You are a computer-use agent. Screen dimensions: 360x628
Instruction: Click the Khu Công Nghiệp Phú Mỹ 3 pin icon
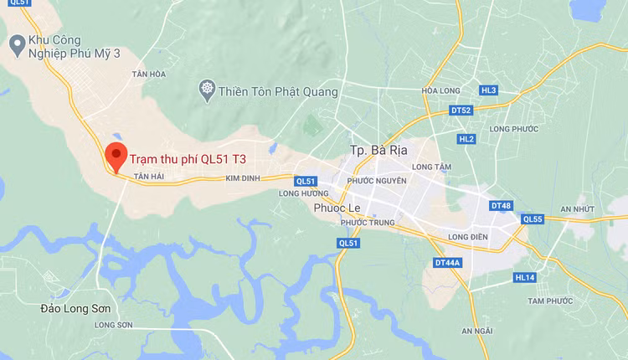(16, 41)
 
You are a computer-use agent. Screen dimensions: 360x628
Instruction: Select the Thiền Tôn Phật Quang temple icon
(206, 90)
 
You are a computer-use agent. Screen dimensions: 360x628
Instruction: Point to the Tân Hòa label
(149, 75)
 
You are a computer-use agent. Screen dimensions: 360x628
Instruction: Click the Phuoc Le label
(337, 208)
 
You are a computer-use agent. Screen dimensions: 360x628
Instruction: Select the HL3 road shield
(488, 90)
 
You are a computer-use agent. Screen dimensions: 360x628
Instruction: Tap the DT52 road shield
(461, 110)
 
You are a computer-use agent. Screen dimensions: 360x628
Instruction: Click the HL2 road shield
(466, 138)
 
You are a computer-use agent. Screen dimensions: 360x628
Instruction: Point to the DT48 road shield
(501, 205)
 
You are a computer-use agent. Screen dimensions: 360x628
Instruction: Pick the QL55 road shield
(533, 219)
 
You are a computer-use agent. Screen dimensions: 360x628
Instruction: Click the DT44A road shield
(448, 263)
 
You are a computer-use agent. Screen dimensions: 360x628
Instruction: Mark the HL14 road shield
(525, 277)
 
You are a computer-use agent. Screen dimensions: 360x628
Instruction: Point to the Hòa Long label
(441, 90)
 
